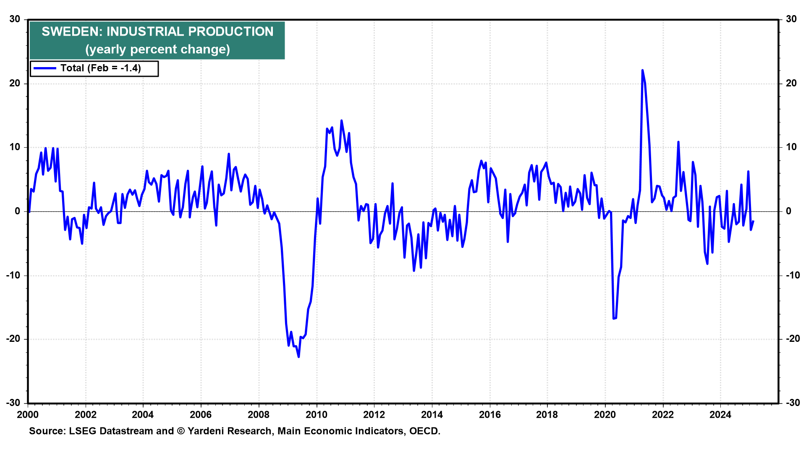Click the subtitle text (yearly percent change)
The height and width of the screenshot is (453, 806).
[x=157, y=49]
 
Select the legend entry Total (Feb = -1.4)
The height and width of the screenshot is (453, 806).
[x=100, y=68]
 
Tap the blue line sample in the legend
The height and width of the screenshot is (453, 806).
[x=45, y=68]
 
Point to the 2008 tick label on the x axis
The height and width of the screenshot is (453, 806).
[x=259, y=415]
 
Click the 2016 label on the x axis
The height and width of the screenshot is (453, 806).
[x=489, y=415]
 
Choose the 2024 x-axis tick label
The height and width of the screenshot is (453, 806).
[x=720, y=415]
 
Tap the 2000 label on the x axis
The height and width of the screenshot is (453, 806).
[x=28, y=415]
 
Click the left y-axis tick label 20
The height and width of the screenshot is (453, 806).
[x=15, y=83]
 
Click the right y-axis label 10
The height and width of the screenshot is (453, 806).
[x=791, y=147]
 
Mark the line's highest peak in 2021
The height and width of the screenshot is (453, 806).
[x=642, y=70]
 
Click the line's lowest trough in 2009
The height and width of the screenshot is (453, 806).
[x=298, y=357]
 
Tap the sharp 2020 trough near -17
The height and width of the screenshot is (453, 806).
[x=614, y=318]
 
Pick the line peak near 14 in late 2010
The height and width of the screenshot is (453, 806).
[x=341, y=121]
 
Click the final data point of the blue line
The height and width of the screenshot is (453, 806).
[x=753, y=221]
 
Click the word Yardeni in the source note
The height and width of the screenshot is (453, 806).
[x=207, y=431]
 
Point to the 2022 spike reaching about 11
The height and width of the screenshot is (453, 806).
[x=678, y=142]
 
